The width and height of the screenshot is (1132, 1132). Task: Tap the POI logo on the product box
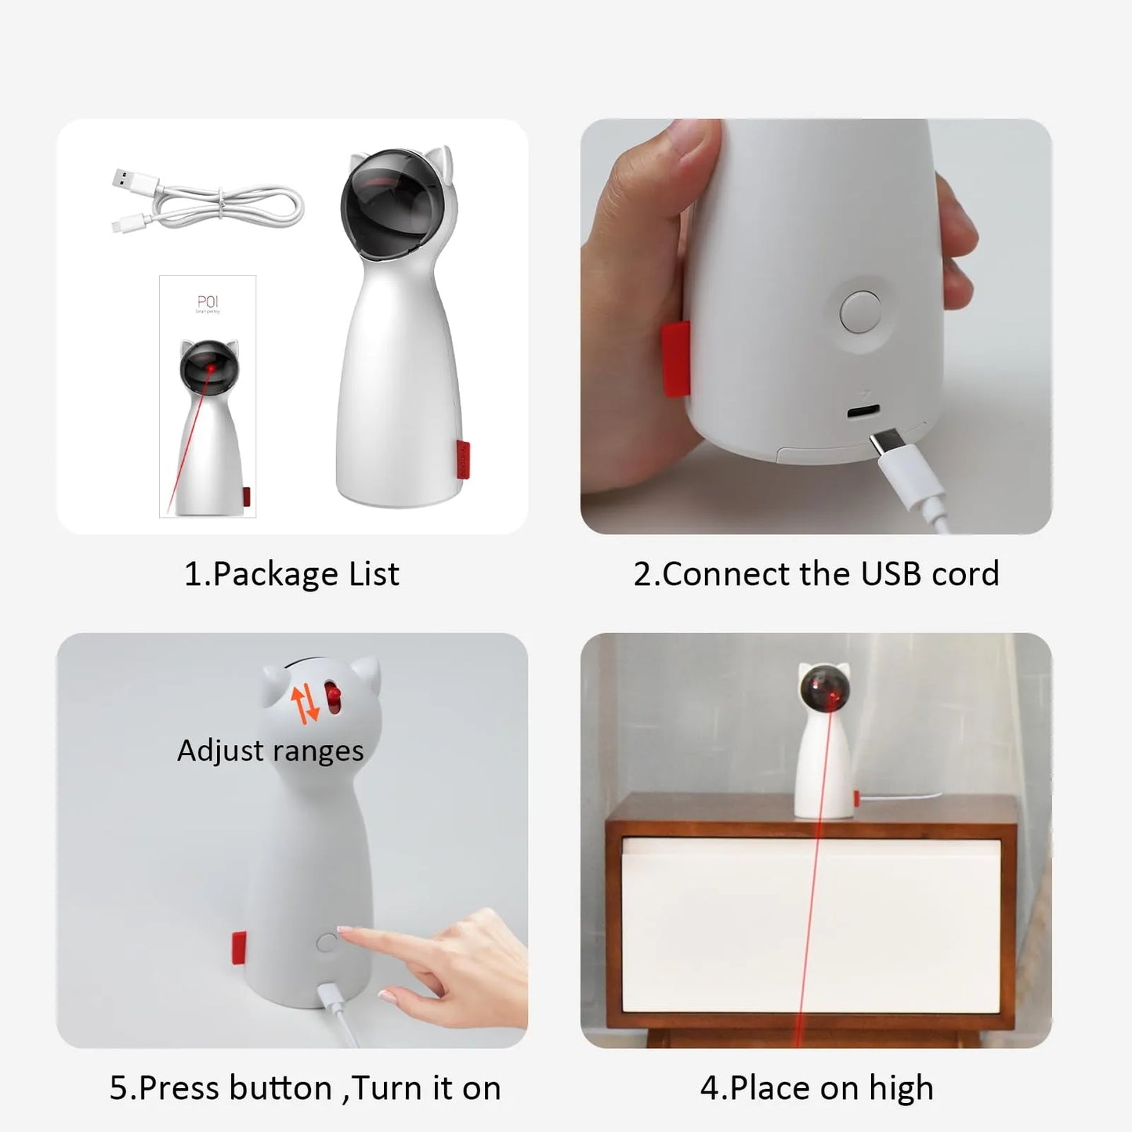pyautogui.click(x=208, y=302)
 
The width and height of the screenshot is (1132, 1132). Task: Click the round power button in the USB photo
pyautogui.click(x=860, y=311)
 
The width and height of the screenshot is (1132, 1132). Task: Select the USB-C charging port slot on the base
pyautogui.click(x=862, y=411)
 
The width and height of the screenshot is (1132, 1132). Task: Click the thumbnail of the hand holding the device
pyautogui.click(x=816, y=326)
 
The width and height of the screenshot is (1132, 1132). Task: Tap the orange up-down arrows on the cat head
pyautogui.click(x=306, y=703)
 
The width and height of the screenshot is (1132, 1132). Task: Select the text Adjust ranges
pyautogui.click(x=270, y=750)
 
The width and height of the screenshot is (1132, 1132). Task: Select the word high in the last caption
pyautogui.click(x=901, y=1088)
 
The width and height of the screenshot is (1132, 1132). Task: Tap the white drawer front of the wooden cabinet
pyautogui.click(x=811, y=924)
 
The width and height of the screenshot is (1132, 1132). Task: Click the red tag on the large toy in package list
pyautogui.click(x=463, y=458)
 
